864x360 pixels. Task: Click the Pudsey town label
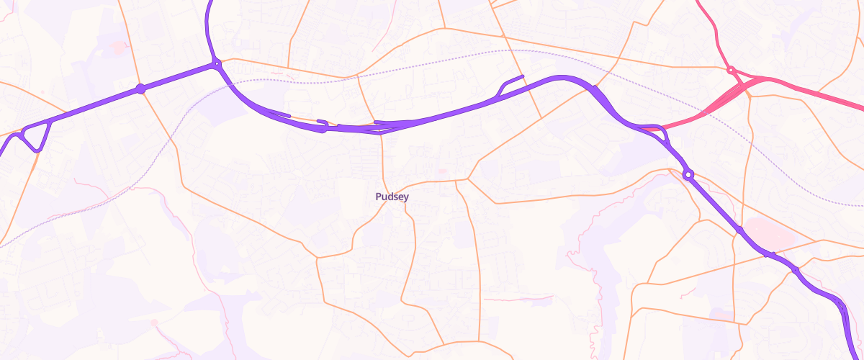pyautogui.click(x=392, y=197)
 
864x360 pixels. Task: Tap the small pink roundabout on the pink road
pyautogui.click(x=730, y=70)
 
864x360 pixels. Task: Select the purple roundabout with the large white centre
pyautogui.click(x=688, y=174)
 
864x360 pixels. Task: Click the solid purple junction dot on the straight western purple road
pyautogui.click(x=141, y=89)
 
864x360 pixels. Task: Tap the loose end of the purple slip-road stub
pyautogui.click(x=522, y=76)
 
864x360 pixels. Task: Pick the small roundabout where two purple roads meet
pyautogui.click(x=217, y=65)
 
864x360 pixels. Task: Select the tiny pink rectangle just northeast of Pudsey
pyautogui.click(x=442, y=172)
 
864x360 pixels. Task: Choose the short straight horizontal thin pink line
pyautogui.click(x=518, y=297)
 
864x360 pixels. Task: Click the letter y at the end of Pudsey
pyautogui.click(x=407, y=197)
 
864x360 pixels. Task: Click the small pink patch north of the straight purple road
pyautogui.click(x=117, y=48)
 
